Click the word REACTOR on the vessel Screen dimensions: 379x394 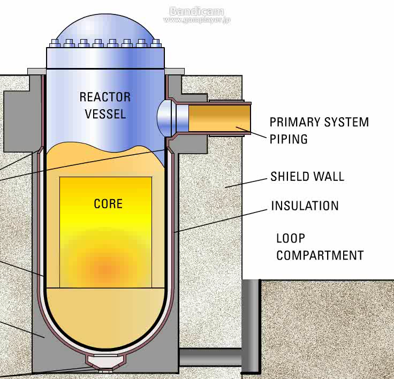(105, 97)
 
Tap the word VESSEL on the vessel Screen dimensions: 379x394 (105, 114)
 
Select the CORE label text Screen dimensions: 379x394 (108, 204)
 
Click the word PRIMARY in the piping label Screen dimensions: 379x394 (293, 122)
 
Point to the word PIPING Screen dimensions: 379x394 (289, 139)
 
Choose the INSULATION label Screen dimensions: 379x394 (305, 206)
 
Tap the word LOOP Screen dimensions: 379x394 (290, 238)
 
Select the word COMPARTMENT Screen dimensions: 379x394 (320, 255)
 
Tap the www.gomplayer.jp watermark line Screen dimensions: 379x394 (196, 20)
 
